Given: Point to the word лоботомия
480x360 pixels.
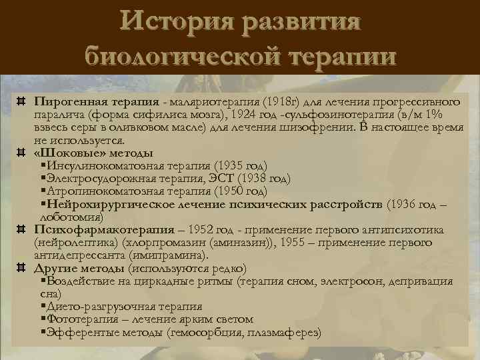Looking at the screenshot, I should (x=69, y=217).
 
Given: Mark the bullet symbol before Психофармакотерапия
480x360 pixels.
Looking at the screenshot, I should (x=21, y=229).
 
